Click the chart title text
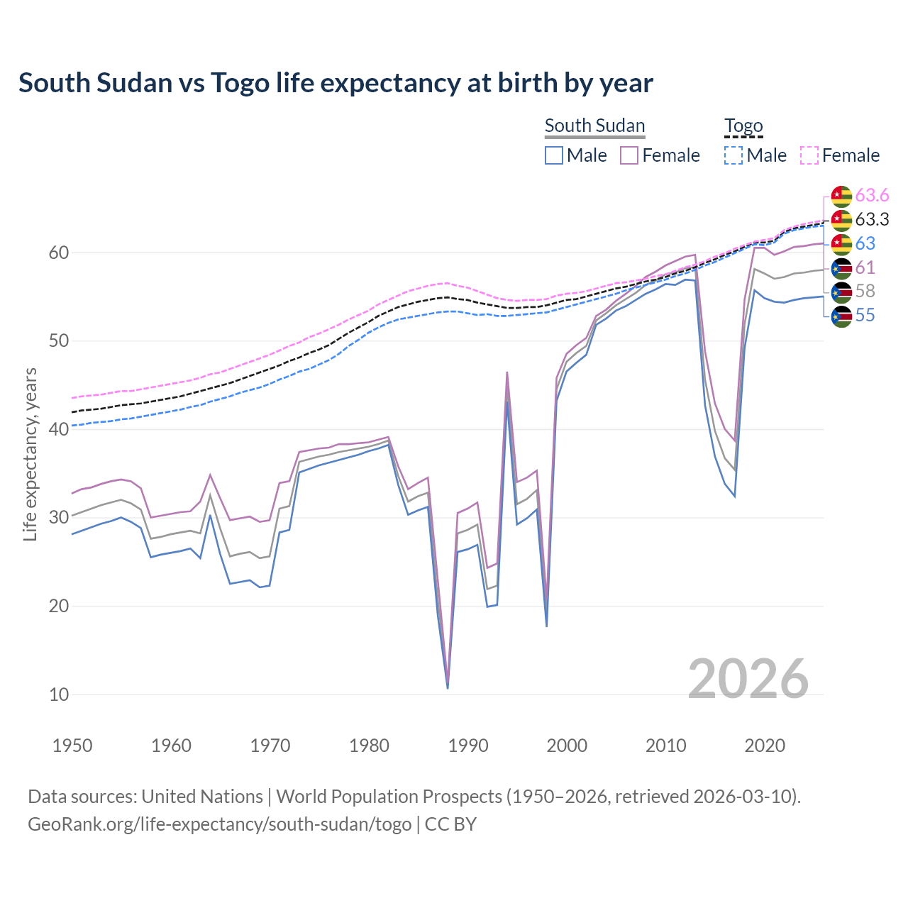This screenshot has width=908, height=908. coord(336,83)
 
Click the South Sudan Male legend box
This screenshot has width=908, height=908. coord(554,155)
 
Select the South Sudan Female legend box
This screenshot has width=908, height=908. coord(629,155)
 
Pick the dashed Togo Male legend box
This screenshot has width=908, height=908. coord(733,155)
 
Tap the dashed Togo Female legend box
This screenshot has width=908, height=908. coord(809,155)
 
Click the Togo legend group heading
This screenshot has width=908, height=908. coord(743,126)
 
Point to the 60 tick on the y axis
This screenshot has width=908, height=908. coord(59,253)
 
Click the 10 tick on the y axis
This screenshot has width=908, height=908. coord(59,694)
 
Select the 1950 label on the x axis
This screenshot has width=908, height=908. coord(72,746)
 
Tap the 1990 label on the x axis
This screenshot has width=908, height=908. coord(468,746)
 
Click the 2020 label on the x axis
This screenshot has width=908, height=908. coord(765,746)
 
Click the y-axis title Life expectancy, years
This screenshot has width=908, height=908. coord(31,454)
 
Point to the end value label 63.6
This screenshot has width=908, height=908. coord(872,195)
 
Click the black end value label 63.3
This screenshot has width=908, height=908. coord(872,219)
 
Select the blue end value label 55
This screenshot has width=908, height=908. coord(865,316)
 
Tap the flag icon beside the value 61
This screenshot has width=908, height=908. coord(841,268)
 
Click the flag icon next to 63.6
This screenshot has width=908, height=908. coord(841,196)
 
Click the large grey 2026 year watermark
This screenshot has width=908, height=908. coord(748,679)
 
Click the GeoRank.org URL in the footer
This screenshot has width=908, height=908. coord(220,824)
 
